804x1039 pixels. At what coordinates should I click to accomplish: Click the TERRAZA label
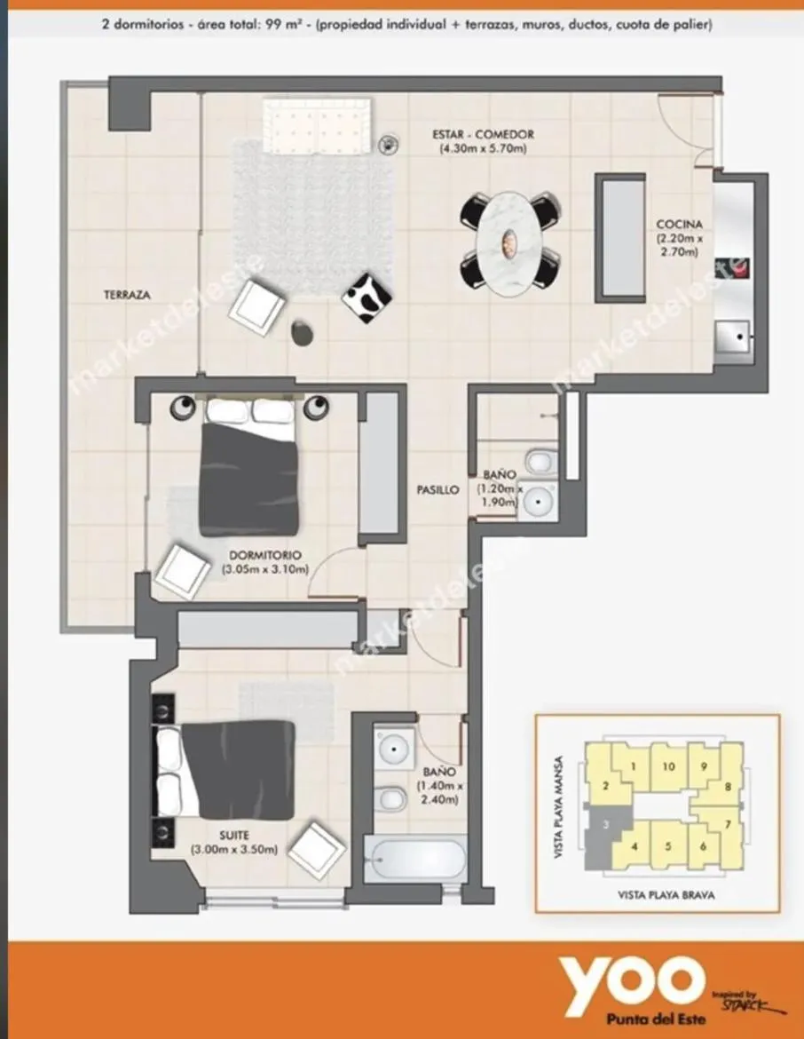click(x=127, y=295)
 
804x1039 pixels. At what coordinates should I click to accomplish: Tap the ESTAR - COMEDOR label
click(x=483, y=134)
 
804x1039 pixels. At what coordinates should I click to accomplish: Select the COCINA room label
click(x=679, y=225)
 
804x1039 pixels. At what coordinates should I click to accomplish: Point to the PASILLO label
click(x=437, y=489)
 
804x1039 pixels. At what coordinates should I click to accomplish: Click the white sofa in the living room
click(x=316, y=126)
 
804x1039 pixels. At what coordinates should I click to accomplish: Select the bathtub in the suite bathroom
click(x=415, y=859)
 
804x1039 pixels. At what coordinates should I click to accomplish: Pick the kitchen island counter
click(x=620, y=238)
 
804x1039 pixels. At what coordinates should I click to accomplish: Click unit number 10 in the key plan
click(x=669, y=766)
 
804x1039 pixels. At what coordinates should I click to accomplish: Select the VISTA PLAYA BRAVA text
click(x=666, y=895)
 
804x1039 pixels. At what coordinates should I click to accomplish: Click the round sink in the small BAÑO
click(x=538, y=502)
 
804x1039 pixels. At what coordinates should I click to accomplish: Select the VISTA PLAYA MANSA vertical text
click(x=557, y=808)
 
